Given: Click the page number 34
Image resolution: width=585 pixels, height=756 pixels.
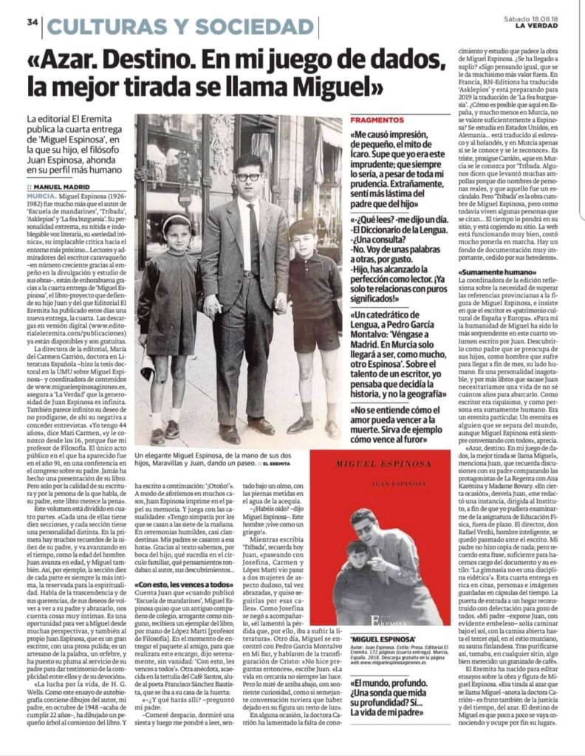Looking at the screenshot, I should [32, 21].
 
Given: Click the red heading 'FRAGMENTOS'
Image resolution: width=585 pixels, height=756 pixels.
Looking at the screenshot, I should [377, 120].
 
